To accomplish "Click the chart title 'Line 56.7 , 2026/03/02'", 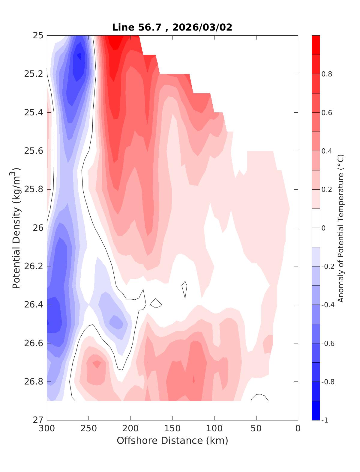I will (x=172, y=27).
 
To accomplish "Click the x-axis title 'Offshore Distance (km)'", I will (x=172, y=441).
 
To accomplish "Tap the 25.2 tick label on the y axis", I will (x=33, y=74).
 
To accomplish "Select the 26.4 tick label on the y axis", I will (x=33, y=305).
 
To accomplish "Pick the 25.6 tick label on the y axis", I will (x=33, y=151).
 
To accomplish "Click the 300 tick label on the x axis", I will (x=47, y=429).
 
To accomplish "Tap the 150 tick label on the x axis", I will (x=172, y=429).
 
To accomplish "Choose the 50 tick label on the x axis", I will (x=256, y=429).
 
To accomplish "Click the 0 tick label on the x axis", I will (x=298, y=429).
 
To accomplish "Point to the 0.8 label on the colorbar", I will (x=327, y=74).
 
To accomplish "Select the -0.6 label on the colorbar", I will (x=328, y=343).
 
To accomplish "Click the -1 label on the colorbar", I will (x=325, y=420).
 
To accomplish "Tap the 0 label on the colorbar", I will (x=323, y=228).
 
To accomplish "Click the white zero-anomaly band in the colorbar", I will (x=316, y=228).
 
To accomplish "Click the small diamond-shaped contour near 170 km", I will (x=156, y=304).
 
